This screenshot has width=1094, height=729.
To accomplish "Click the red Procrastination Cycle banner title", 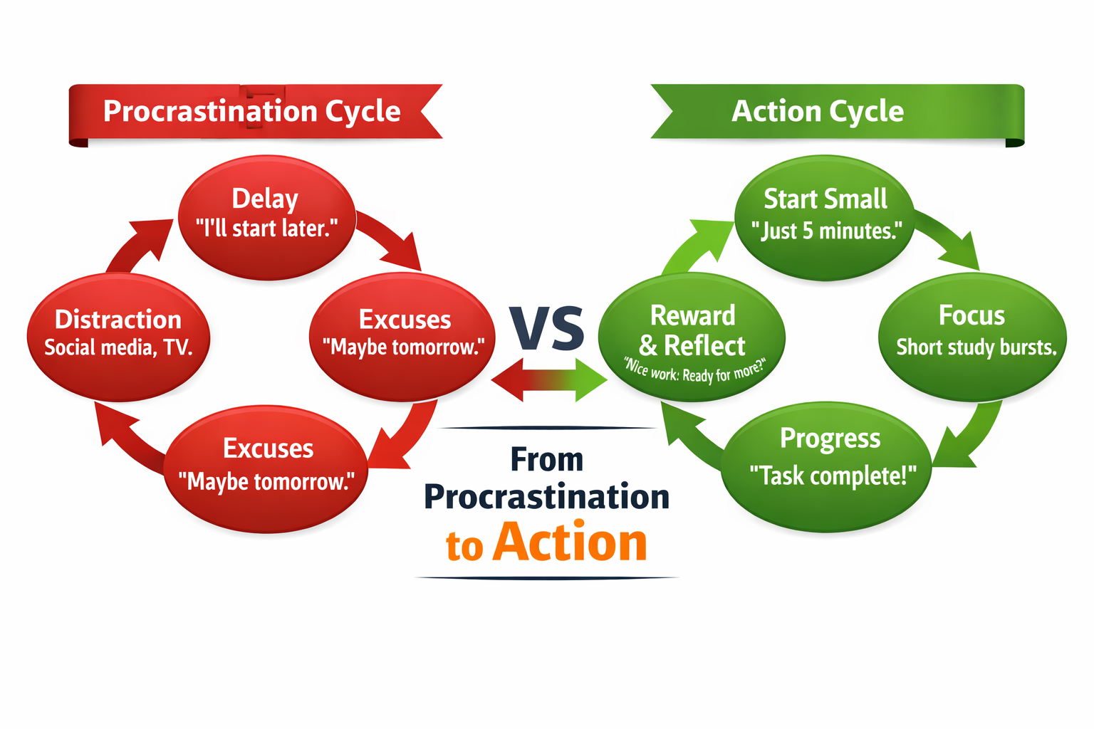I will (x=252, y=112).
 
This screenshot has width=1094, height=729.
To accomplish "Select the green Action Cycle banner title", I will (x=818, y=112).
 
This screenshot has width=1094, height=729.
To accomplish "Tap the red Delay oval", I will (x=266, y=214).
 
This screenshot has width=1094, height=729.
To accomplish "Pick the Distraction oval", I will (x=118, y=335).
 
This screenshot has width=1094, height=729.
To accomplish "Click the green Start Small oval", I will (x=825, y=214).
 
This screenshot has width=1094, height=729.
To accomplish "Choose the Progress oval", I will (x=828, y=466).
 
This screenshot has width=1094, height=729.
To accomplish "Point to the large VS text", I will (x=547, y=329).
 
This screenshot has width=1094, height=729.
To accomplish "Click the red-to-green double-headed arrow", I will (x=549, y=379).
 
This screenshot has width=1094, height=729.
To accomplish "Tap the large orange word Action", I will (x=570, y=542).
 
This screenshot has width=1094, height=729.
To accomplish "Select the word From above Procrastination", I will (x=546, y=460).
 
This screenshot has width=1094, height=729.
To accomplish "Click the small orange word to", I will (x=464, y=547).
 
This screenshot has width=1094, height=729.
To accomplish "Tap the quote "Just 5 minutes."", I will (x=826, y=231).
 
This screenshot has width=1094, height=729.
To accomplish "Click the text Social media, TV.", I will (x=118, y=347).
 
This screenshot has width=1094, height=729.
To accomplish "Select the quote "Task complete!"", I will (x=833, y=476).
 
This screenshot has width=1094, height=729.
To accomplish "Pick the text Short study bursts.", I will (x=976, y=347).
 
